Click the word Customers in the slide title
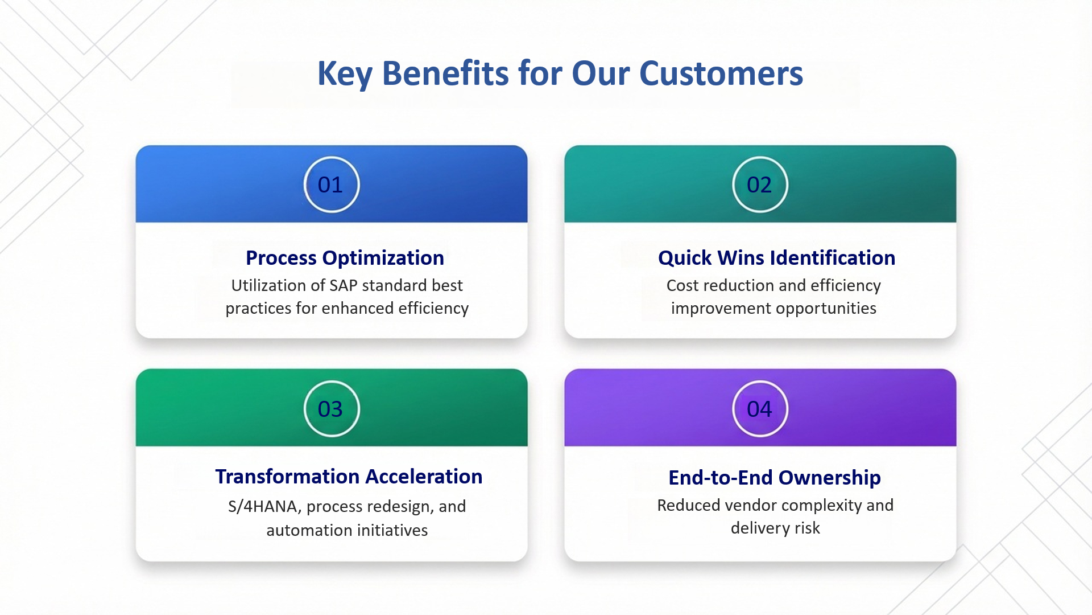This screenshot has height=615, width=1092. pos(721,73)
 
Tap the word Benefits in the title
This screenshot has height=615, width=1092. pos(445,73)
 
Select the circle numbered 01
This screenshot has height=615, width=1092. pos(332,184)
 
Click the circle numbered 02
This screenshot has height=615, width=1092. pos(760,184)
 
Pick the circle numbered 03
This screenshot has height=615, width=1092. pos(332,409)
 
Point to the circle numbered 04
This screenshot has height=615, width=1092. pos(760,409)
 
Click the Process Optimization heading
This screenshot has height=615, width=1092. pos(345,258)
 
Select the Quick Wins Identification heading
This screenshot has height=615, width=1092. pos(776,258)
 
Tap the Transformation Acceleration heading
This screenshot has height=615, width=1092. pos(349,477)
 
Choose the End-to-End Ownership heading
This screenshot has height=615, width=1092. pos(775,478)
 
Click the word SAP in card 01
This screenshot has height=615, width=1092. pos(344,285)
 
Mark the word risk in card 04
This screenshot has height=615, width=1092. pos(807,528)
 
